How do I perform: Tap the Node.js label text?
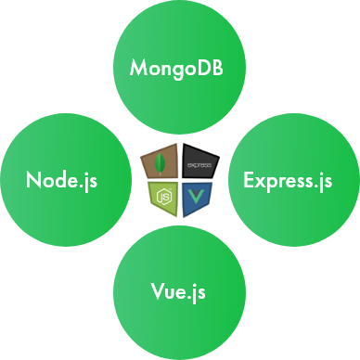point(62,179)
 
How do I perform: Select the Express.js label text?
point(287,179)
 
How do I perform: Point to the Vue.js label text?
point(179,292)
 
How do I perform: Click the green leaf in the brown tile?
point(164,163)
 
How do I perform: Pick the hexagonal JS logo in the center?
point(163,195)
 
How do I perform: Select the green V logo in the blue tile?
point(196,196)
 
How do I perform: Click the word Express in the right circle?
point(275,179)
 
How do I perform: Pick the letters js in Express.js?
point(323,179)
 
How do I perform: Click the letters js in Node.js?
point(89,179)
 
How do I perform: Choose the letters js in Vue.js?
point(198,292)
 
